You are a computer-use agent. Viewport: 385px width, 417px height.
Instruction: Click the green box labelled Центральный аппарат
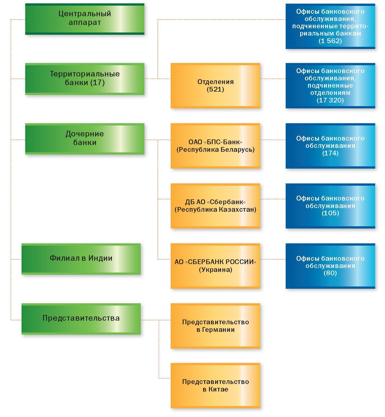click(84, 19)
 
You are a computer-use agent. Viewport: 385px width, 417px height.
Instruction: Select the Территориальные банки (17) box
click(84, 79)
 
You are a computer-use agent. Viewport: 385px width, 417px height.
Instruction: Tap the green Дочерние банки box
click(84, 139)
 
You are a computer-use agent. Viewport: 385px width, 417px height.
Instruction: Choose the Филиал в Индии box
click(81, 259)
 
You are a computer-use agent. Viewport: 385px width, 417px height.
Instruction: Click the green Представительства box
click(81, 319)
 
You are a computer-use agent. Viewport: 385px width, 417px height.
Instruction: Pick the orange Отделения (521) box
click(215, 86)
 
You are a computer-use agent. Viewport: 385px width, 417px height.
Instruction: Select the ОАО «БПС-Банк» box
click(215, 146)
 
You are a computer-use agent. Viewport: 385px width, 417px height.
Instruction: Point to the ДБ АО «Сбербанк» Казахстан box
click(215, 206)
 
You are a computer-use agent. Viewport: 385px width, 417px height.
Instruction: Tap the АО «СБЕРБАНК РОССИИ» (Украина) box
click(215, 266)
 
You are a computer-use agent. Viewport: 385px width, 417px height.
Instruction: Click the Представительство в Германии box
click(215, 326)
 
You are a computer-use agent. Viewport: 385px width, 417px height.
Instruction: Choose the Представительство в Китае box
click(215, 386)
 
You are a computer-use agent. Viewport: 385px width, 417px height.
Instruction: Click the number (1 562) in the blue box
click(330, 41)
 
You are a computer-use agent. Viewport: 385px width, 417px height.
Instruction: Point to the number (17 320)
click(330, 100)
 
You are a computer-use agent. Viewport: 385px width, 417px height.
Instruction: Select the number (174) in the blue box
click(330, 153)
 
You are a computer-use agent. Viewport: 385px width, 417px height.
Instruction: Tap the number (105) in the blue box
click(330, 213)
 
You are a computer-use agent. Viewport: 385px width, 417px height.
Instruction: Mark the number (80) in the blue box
click(330, 273)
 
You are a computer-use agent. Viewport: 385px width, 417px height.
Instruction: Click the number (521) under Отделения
click(215, 89)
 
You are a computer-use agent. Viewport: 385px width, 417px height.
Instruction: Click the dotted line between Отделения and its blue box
click(273, 79)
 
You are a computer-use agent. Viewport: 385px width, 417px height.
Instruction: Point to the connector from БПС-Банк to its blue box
click(273, 140)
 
